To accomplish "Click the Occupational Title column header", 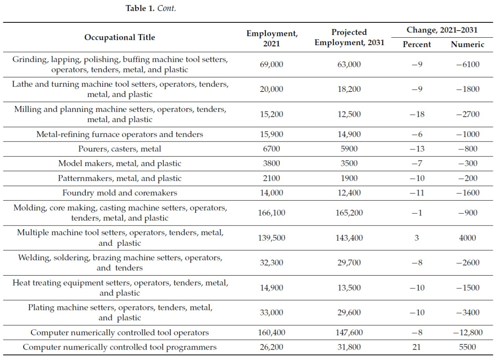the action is coord(120,37).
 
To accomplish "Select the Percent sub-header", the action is coord(417,44).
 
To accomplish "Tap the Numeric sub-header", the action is coord(468,44).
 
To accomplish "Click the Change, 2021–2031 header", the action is coord(442,30).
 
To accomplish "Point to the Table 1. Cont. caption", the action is coord(151,8).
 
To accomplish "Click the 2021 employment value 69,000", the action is coord(272,64).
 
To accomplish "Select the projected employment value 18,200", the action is coord(349,89).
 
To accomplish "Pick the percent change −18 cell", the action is coord(417,114).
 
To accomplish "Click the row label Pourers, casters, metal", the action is coord(120,149).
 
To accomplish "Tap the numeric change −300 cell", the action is coord(468,163).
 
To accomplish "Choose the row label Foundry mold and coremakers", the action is coord(120,193).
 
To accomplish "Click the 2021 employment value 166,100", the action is coord(272,213).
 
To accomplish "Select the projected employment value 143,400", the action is coord(349,238).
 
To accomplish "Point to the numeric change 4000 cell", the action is coord(468,238).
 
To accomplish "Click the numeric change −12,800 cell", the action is coord(468,333).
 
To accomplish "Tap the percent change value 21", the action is coord(417,347).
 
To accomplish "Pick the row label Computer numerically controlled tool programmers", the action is coord(120,347).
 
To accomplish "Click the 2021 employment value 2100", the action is coord(272,178).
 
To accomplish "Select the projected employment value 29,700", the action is coord(349,263).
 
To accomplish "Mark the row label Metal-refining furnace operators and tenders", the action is coord(120,134).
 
